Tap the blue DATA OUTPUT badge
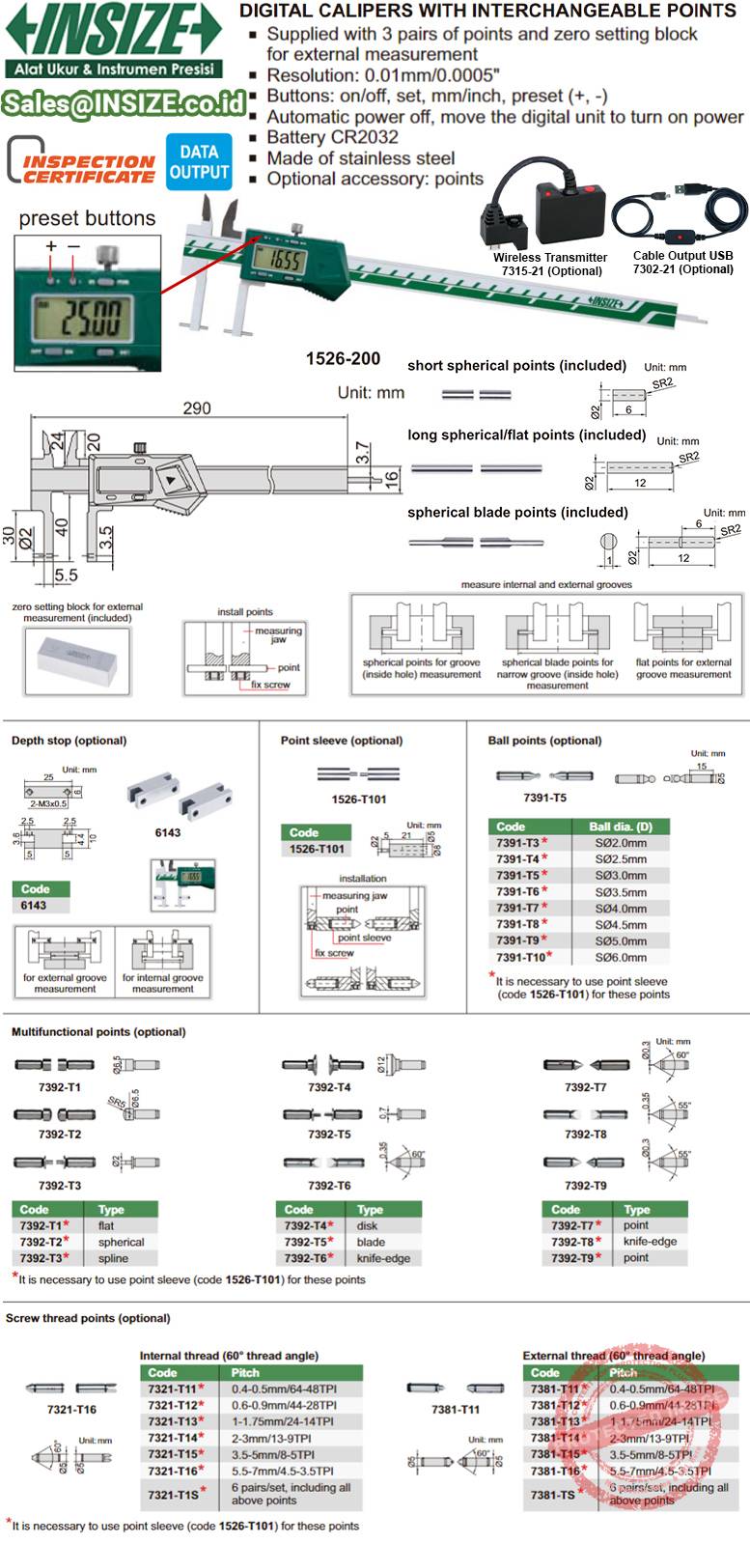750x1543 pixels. tap(199, 161)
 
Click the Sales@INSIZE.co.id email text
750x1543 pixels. tap(124, 102)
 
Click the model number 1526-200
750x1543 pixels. tap(343, 358)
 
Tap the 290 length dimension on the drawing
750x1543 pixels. tap(197, 408)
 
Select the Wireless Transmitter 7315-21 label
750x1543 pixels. tap(549, 264)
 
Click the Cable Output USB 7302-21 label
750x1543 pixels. tap(682, 263)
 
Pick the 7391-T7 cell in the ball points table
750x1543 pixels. tap(518, 908)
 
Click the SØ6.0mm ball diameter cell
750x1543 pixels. tap(621, 957)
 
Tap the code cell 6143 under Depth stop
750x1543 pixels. tap(34, 906)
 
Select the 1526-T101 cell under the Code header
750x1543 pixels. tap(317, 849)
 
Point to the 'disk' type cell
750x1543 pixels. tap(368, 1225)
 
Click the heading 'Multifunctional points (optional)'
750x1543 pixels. tap(98, 1032)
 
